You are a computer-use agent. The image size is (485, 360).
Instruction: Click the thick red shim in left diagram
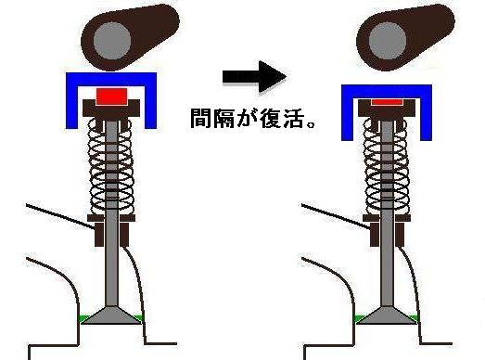[111, 96]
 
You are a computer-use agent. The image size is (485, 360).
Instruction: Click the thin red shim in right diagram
[389, 98]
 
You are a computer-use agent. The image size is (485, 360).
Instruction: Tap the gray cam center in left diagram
[113, 40]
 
